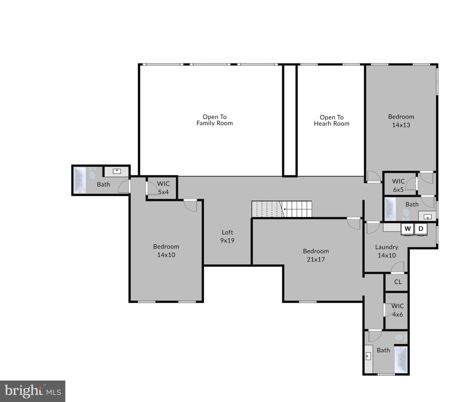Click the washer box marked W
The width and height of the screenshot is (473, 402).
click(407, 229)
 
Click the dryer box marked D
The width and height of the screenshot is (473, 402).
click(421, 229)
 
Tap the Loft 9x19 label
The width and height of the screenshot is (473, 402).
click(227, 236)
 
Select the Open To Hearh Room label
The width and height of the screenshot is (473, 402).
click(331, 120)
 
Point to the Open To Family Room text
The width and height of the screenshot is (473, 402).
click(214, 120)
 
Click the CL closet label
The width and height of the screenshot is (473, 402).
click(398, 282)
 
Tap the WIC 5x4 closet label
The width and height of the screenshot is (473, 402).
click(163, 188)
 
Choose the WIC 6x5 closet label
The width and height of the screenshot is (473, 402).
click(398, 185)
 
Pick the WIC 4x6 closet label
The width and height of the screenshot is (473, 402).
click(398, 310)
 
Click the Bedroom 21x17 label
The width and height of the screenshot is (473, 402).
click(316, 255)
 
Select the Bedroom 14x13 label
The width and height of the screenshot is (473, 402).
click(401, 121)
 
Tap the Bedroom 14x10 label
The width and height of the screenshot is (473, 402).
click(166, 250)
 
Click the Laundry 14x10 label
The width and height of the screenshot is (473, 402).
click(387, 251)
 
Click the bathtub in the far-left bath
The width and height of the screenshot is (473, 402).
click(80, 180)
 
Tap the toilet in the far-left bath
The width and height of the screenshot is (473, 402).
click(92, 174)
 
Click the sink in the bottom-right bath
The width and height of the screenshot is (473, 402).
click(368, 356)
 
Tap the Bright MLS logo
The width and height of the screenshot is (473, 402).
click(33, 391)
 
